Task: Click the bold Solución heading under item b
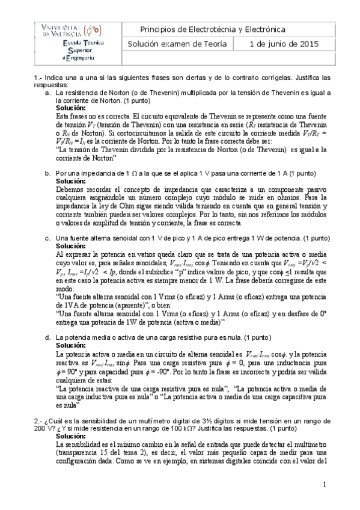tap(71, 180)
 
